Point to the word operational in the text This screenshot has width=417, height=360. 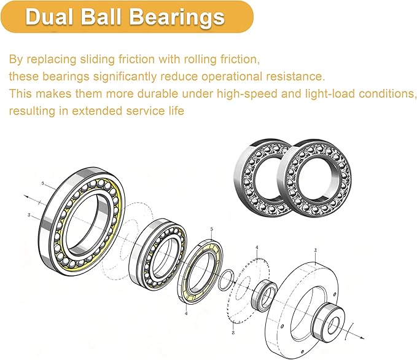232,77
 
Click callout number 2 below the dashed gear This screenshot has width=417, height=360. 233,332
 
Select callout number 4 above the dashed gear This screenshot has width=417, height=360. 257,248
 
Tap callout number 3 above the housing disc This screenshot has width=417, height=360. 316,250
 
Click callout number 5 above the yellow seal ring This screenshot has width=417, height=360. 212,229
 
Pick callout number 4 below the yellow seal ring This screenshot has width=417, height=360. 186,313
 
